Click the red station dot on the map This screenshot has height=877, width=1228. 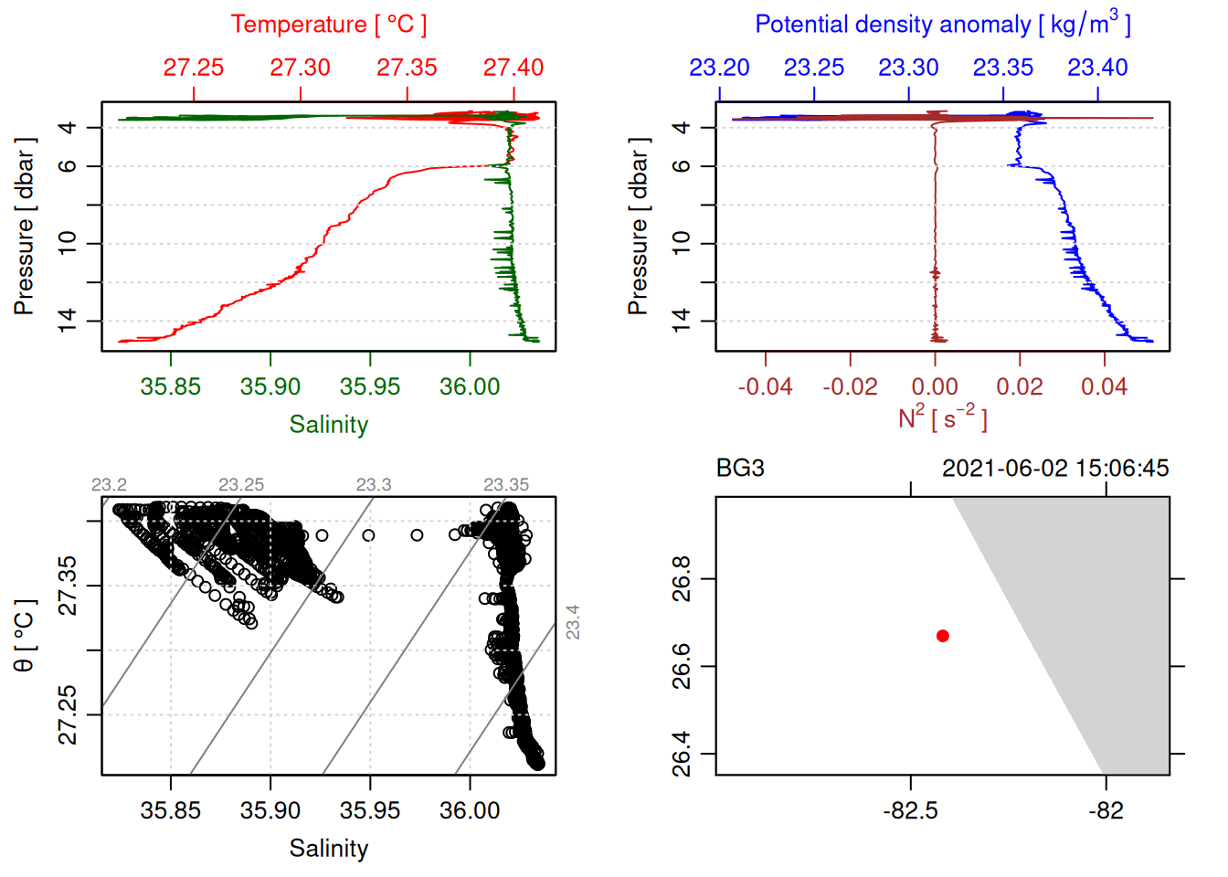(x=942, y=636)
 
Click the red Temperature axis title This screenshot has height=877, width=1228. (x=328, y=25)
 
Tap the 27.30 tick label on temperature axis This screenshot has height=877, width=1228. (x=300, y=68)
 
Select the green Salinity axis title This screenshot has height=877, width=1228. (x=328, y=425)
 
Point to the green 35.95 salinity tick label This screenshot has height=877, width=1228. (x=369, y=386)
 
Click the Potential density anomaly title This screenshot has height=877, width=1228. (x=942, y=25)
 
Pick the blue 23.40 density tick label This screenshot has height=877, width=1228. (x=1097, y=68)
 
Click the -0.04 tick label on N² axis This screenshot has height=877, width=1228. (x=765, y=386)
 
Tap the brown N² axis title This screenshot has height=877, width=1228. (x=942, y=417)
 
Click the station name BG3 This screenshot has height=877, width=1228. (x=740, y=469)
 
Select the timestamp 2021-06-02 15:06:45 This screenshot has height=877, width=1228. (x=1055, y=469)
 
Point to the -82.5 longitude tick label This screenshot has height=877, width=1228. (x=910, y=810)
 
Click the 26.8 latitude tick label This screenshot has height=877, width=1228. (x=682, y=579)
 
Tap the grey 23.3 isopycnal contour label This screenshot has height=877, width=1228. (x=374, y=484)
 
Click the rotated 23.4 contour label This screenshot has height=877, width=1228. (x=573, y=622)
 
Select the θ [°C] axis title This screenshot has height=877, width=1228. (x=25, y=635)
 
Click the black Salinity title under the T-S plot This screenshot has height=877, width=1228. (x=328, y=849)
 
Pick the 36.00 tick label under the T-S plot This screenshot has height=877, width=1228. (x=470, y=810)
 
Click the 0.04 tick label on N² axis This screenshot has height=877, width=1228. (x=1104, y=386)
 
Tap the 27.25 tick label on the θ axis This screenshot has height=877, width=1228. (x=68, y=715)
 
